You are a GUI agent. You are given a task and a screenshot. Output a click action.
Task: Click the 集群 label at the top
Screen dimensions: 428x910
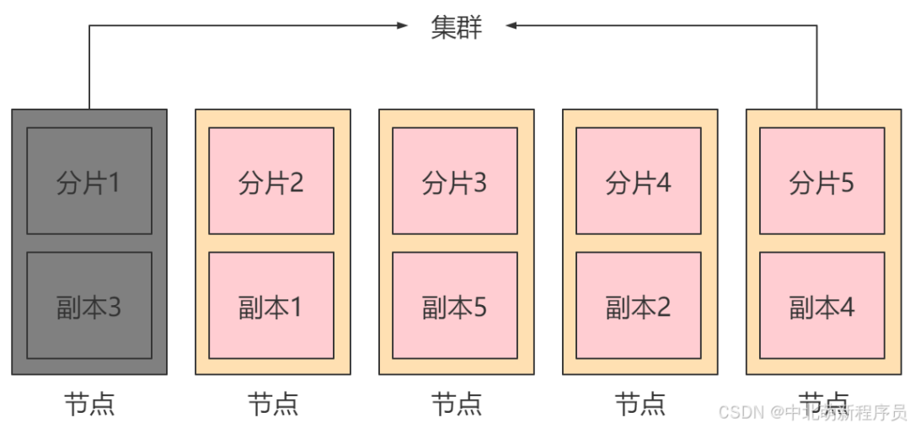click(456, 26)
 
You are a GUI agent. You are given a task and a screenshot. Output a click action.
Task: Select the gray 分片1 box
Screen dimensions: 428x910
click(89, 180)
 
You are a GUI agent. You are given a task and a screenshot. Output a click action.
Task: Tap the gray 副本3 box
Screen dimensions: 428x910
click(89, 305)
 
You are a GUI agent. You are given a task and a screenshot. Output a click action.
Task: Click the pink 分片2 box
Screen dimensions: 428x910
click(271, 180)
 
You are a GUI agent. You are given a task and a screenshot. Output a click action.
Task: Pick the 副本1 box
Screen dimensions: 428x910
click(271, 305)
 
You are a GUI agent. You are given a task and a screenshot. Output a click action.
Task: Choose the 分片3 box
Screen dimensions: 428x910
click(455, 180)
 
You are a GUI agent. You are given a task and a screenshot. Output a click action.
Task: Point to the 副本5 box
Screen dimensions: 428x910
click(455, 305)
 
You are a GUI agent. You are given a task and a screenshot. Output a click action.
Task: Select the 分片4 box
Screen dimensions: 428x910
click(639, 180)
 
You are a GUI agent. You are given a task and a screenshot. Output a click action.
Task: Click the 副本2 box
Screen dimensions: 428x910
click(639, 305)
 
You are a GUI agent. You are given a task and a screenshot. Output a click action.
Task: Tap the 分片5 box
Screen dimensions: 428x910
click(822, 180)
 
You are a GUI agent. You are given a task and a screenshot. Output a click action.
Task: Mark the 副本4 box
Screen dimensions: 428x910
click(822, 305)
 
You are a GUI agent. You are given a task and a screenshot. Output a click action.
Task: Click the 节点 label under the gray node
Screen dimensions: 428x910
click(89, 404)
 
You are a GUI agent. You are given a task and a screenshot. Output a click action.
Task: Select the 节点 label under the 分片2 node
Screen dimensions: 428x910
click(272, 404)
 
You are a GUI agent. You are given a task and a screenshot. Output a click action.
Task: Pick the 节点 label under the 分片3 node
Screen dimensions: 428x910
click(456, 404)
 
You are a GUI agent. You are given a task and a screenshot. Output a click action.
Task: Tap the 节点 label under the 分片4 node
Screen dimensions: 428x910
click(640, 404)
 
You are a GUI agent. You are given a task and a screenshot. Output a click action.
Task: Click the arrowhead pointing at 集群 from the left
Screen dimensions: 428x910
click(403, 26)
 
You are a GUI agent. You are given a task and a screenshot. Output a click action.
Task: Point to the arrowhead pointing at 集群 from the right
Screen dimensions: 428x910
click(511, 26)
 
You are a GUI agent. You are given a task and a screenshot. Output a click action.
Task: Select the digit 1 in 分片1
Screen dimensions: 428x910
click(112, 182)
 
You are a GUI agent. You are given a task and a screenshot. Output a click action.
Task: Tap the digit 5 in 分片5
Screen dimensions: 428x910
click(846, 182)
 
